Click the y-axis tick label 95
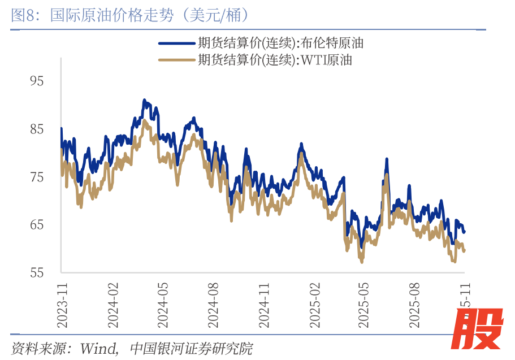(x=37, y=81)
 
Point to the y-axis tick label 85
(x=37, y=129)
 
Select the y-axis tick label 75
(x=37, y=177)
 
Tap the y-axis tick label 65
(x=37, y=225)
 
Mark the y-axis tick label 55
(x=37, y=273)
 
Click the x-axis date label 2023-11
(x=62, y=305)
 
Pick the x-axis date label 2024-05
(x=163, y=305)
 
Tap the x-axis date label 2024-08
(x=214, y=305)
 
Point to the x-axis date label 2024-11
(x=265, y=305)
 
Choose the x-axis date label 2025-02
(x=315, y=305)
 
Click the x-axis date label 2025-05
(x=364, y=305)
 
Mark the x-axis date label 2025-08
(x=415, y=305)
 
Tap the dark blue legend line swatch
(x=176, y=43)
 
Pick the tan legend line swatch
(x=176, y=60)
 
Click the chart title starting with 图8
(x=130, y=15)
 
